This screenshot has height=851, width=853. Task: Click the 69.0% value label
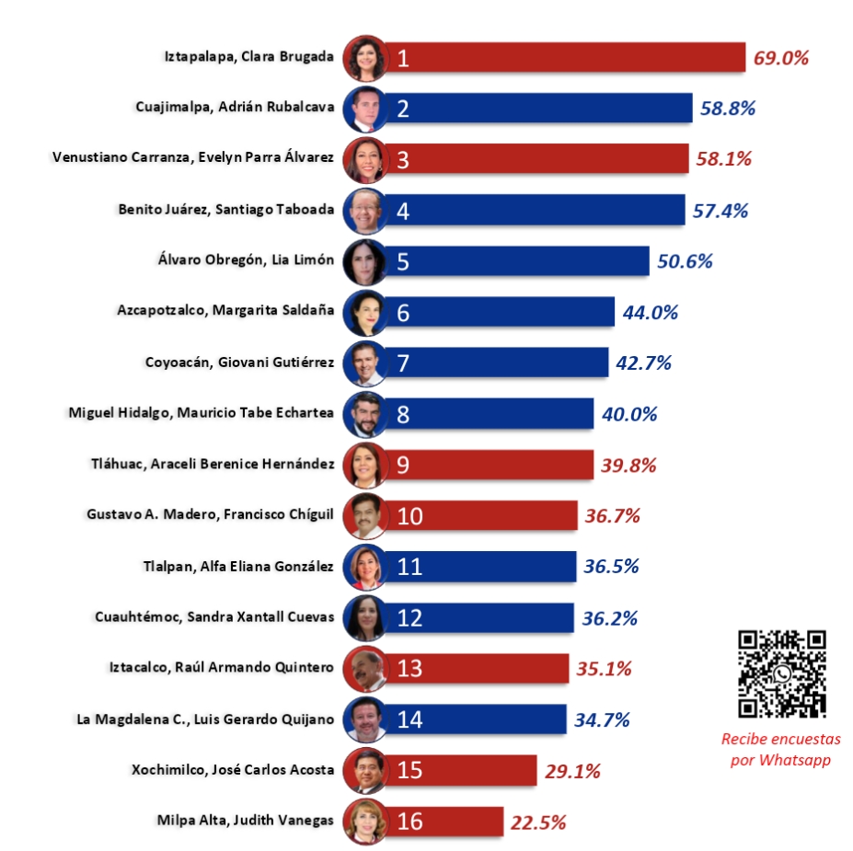pyautogui.click(x=780, y=58)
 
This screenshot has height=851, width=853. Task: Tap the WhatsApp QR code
pyautogui.click(x=782, y=674)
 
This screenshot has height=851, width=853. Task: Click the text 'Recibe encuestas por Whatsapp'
pyautogui.click(x=780, y=749)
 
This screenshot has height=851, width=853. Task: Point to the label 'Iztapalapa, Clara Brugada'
pyautogui.click(x=249, y=57)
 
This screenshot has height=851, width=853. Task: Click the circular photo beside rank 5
pyautogui.click(x=363, y=262)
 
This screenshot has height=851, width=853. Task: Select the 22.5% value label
pyautogui.click(x=538, y=822)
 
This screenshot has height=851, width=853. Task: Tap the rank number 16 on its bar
pyautogui.click(x=409, y=822)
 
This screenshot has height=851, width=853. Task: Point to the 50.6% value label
pyautogui.click(x=685, y=261)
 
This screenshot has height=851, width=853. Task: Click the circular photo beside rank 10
pyautogui.click(x=363, y=516)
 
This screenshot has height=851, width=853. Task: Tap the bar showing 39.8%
pyautogui.click(x=488, y=465)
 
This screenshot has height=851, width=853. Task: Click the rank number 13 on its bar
pyautogui.click(x=409, y=668)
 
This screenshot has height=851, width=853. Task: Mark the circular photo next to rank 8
pyautogui.click(x=363, y=415)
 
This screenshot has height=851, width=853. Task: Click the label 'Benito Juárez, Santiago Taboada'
pyautogui.click(x=226, y=209)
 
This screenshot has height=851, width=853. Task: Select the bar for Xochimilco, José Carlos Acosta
pyautogui.click(x=460, y=770)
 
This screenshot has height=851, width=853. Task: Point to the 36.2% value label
pyautogui.click(x=609, y=617)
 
